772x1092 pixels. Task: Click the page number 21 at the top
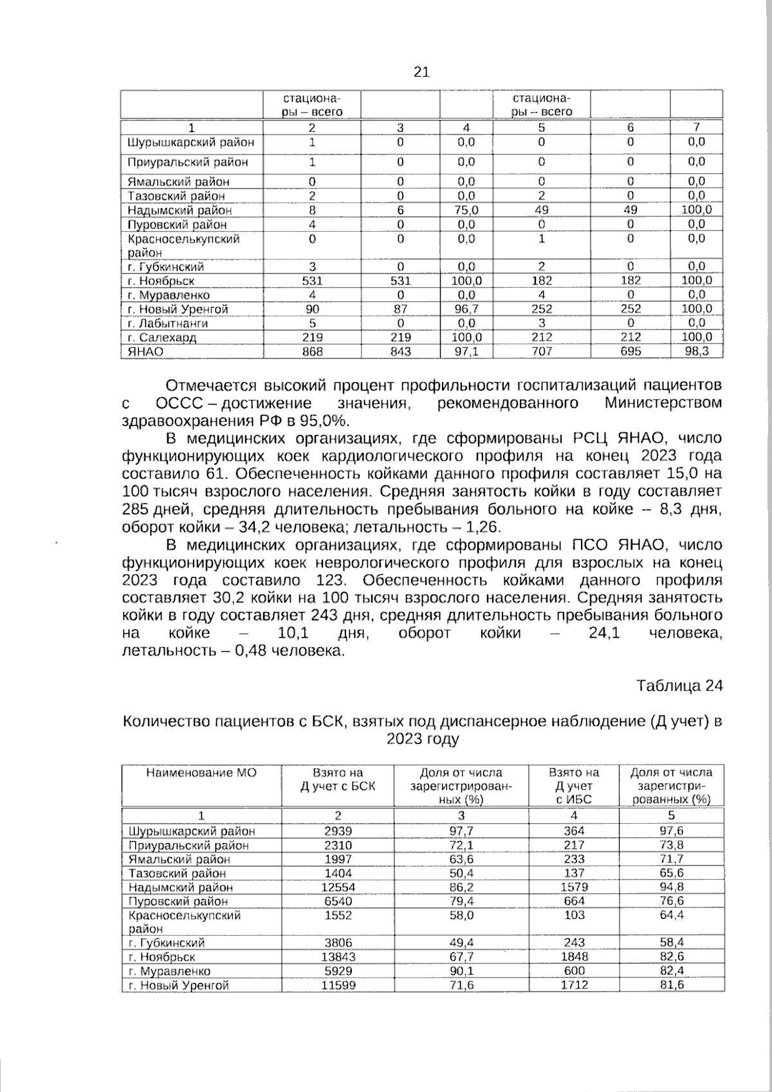tap(421, 72)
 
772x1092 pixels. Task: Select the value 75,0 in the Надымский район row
tap(466, 210)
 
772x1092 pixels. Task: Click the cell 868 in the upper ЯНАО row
tap(312, 352)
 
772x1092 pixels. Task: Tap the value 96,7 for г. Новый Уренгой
tap(466, 310)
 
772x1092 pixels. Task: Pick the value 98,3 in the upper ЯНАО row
tap(696, 352)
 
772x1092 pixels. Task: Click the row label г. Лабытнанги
tap(168, 324)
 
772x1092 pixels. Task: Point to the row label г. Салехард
tap(162, 338)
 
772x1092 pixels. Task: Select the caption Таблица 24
tap(679, 686)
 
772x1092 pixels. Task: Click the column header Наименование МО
tap(201, 773)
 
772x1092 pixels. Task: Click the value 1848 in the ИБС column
tap(574, 957)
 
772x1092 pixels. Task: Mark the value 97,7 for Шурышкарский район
tap(461, 831)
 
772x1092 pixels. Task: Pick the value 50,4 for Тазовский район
tap(461, 873)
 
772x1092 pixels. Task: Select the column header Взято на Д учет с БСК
tap(338, 779)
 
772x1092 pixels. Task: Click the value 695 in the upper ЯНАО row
tap(630, 352)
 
